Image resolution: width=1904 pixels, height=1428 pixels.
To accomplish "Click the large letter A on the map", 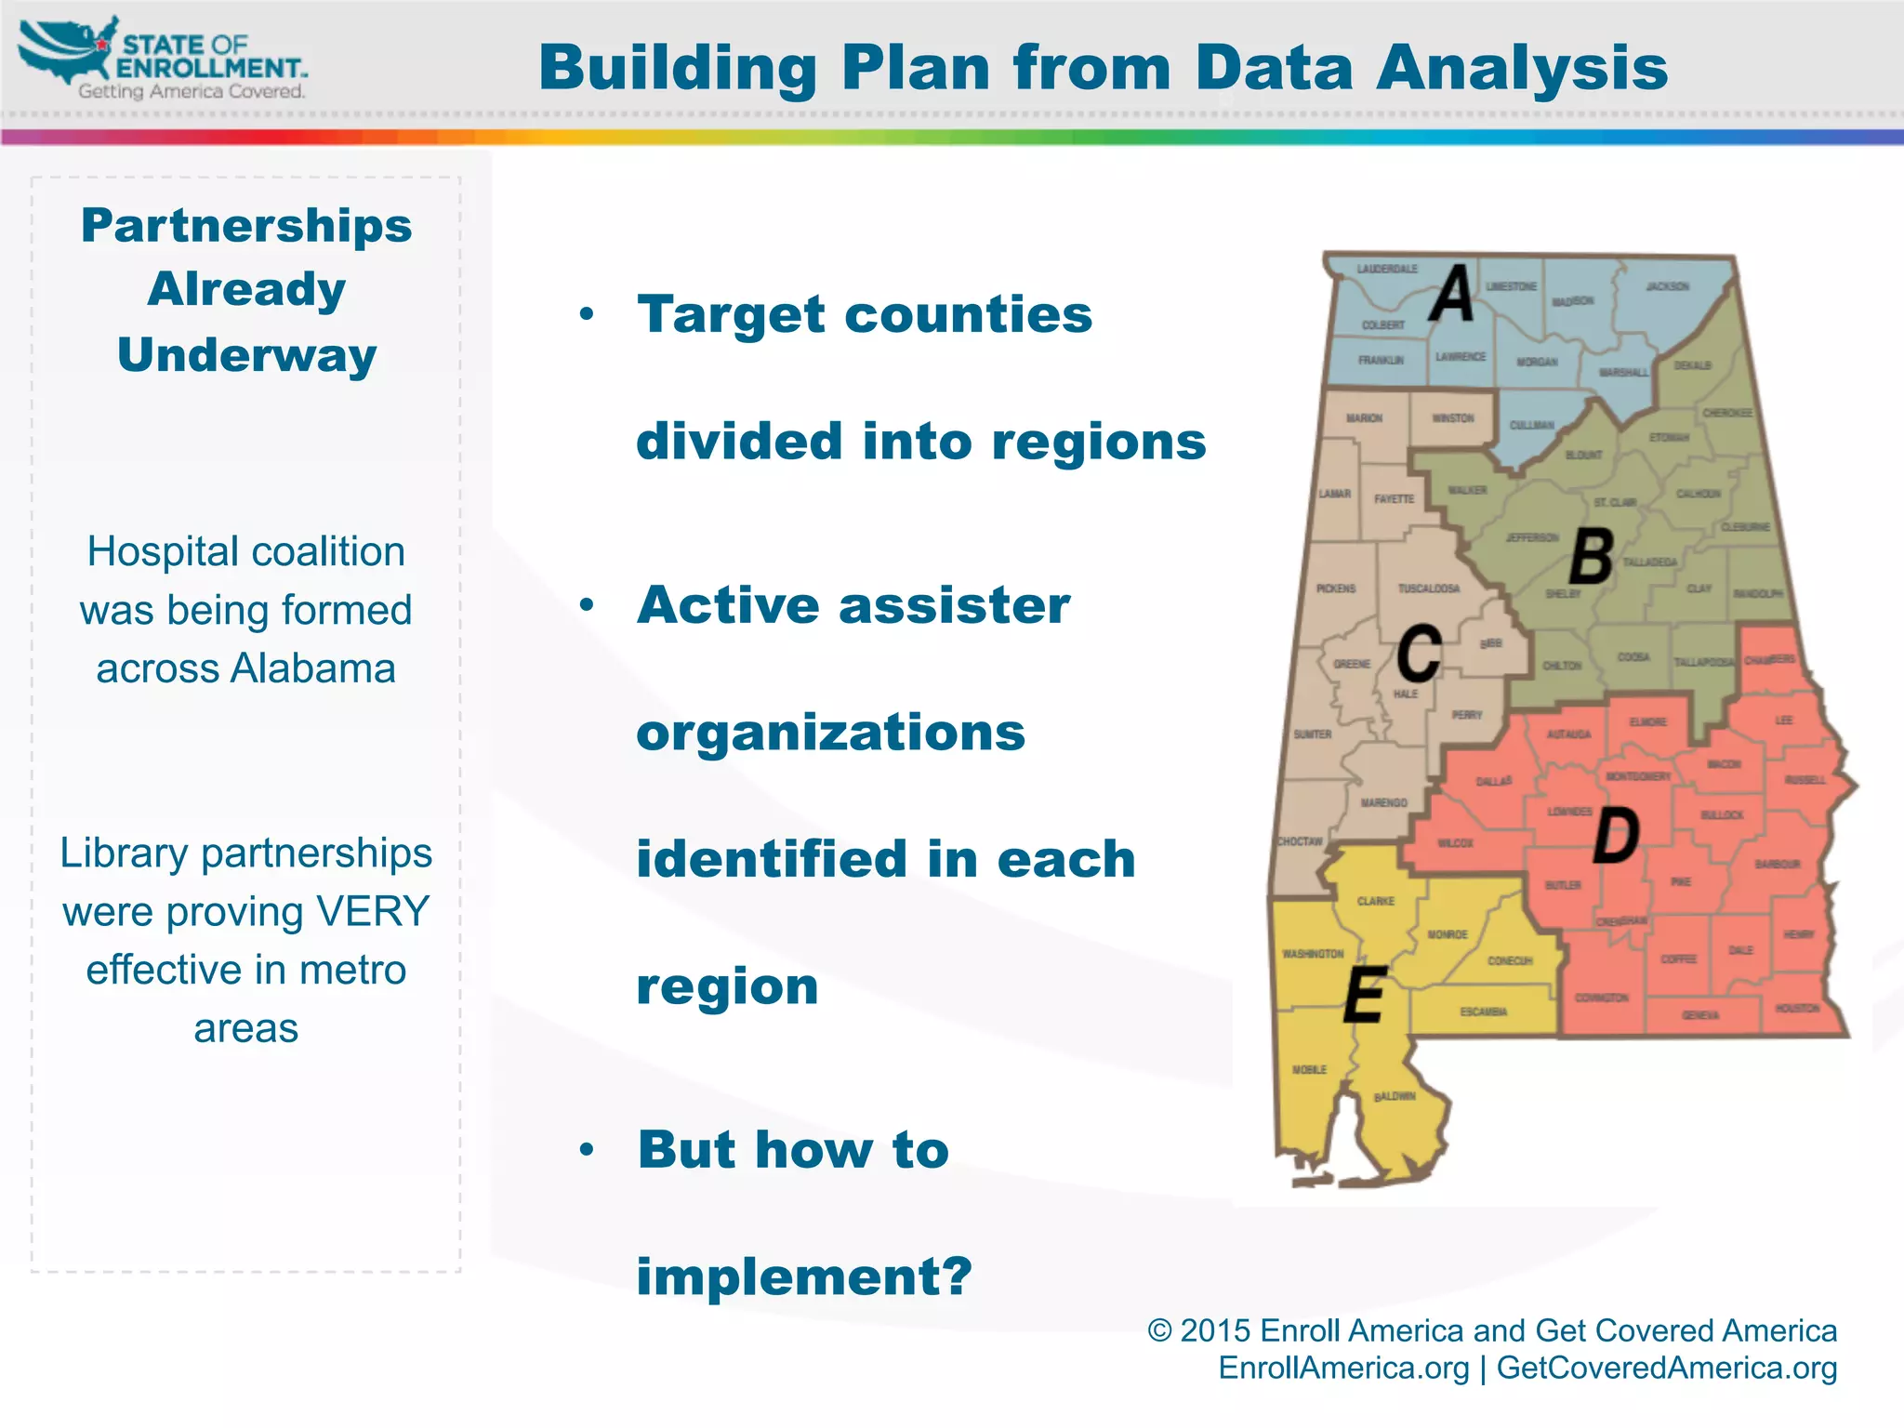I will (1451, 294).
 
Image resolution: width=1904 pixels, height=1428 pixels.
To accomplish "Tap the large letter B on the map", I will (1591, 557).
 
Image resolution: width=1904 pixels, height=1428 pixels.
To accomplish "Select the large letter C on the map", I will (1420, 654).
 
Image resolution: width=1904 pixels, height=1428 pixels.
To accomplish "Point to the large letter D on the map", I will (1616, 836).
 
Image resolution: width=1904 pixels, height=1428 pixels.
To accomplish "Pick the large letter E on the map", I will (1365, 995).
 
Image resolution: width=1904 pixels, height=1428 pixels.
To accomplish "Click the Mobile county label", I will (1309, 1070).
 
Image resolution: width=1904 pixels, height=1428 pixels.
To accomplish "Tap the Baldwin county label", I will (1395, 1096).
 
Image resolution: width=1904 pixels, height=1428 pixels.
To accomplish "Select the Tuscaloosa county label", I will (1429, 588).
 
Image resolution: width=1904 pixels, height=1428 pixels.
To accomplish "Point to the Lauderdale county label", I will (1387, 269).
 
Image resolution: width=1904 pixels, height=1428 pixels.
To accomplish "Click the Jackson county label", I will (1668, 286).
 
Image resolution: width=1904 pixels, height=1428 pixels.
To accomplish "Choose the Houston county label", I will (1797, 1008).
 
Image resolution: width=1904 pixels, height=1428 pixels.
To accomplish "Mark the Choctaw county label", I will (1300, 841).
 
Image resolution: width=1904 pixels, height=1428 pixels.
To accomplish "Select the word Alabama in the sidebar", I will (313, 668).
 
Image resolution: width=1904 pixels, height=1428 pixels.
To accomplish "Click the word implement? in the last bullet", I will (804, 1276).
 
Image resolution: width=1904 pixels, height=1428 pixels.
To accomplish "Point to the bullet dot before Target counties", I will (586, 314).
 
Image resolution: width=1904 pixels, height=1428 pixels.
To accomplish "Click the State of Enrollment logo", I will (163, 58).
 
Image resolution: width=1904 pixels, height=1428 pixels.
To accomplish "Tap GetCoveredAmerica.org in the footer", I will (1666, 1368).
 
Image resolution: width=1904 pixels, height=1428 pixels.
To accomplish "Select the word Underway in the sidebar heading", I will (246, 354).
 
